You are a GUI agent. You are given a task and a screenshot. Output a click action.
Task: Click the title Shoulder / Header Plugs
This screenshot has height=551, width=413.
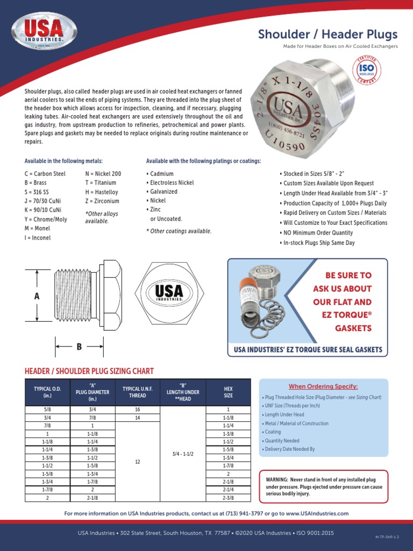click(x=327, y=34)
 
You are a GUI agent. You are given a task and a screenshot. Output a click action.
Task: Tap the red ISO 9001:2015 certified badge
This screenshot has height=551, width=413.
click(x=367, y=71)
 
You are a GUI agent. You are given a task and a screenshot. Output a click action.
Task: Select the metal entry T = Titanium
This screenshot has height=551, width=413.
click(x=102, y=183)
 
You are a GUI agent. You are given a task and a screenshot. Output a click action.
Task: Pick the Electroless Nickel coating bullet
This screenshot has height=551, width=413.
click(x=170, y=183)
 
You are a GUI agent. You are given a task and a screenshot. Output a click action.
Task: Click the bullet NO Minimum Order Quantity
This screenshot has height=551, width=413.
click(x=316, y=233)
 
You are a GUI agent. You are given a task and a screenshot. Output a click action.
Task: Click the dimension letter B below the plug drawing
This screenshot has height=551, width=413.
click(x=79, y=347)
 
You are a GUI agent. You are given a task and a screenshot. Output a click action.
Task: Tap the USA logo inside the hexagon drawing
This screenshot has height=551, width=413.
click(x=169, y=292)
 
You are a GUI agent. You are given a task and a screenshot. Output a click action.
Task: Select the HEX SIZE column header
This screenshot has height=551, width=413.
click(x=228, y=392)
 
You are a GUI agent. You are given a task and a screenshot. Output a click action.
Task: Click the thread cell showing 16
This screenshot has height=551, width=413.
click(x=138, y=409)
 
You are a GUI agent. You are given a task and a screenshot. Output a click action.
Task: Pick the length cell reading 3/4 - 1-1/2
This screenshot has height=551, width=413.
click(x=182, y=453)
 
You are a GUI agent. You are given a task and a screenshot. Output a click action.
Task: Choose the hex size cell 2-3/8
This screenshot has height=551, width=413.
click(x=228, y=498)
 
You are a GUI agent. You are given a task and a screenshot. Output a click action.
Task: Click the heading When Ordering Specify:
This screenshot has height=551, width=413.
click(x=323, y=386)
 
